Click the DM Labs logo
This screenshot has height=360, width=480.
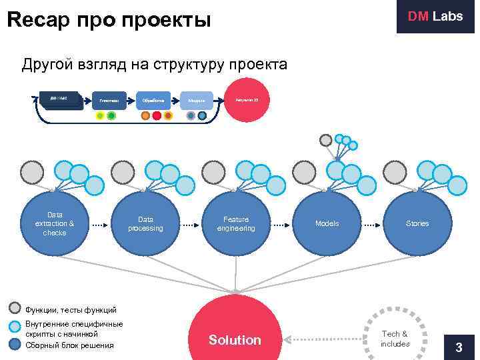click(x=435, y=17)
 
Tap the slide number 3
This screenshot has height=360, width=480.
click(x=458, y=347)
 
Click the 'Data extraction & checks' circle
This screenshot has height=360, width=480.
click(x=55, y=223)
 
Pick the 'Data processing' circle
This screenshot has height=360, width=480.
click(x=145, y=223)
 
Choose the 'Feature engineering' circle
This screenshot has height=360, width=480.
click(x=236, y=223)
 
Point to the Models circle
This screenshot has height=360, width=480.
click(x=327, y=223)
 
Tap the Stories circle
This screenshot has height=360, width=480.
click(x=417, y=223)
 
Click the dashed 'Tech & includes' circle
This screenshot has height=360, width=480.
click(x=395, y=338)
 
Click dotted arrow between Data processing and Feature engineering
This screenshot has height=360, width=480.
click(x=191, y=224)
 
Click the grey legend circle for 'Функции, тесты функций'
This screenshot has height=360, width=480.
click(x=16, y=308)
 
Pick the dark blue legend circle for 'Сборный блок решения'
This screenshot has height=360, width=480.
click(x=16, y=345)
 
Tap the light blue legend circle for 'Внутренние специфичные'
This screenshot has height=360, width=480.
click(x=16, y=327)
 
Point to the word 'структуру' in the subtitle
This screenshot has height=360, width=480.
click(x=188, y=65)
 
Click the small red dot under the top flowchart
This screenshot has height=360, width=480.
click(x=157, y=115)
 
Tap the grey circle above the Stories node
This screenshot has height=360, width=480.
click(x=395, y=173)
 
